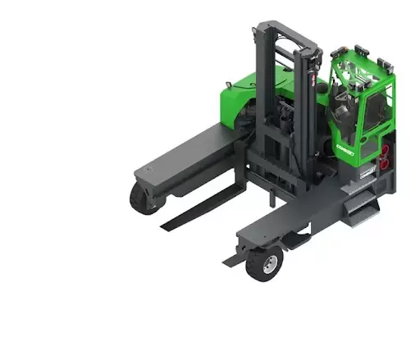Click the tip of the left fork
pyautogui.click(x=165, y=226)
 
